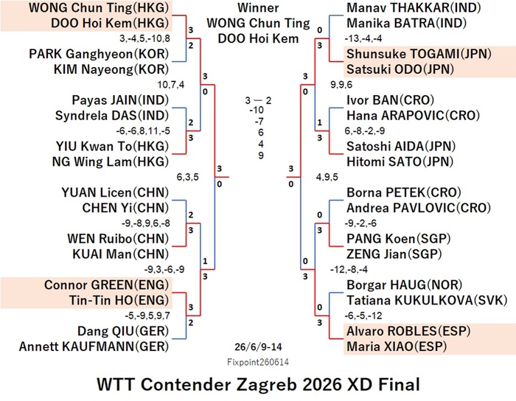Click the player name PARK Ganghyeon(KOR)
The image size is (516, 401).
(x=99, y=54)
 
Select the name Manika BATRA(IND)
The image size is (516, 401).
(x=407, y=23)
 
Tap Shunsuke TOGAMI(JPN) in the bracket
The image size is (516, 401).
(x=419, y=54)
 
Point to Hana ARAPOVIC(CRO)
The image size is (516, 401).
(x=413, y=116)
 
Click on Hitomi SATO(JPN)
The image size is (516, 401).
(x=400, y=161)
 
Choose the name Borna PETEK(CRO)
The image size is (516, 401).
(x=404, y=192)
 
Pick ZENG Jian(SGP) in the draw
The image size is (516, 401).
(x=394, y=254)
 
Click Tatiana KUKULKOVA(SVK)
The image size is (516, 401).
(x=427, y=300)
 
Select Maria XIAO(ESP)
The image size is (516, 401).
(x=397, y=346)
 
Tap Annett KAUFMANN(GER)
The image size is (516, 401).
(x=94, y=346)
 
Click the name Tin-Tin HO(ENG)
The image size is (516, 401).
(x=119, y=300)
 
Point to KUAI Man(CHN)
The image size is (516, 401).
(x=120, y=254)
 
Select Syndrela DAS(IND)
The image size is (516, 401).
(x=112, y=116)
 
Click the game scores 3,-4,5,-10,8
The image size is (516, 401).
(x=144, y=38)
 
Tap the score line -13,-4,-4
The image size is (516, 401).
(x=363, y=38)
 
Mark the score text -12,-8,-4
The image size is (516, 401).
(x=349, y=269)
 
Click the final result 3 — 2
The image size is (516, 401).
(x=258, y=100)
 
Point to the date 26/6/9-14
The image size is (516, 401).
(x=258, y=346)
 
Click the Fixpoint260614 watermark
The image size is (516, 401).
(x=258, y=362)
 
